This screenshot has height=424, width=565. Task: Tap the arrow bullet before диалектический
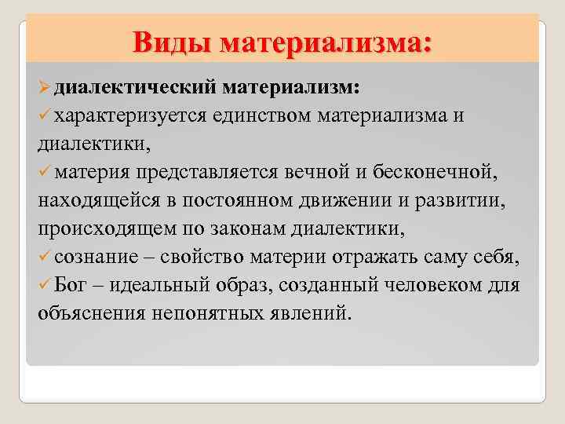click(45, 84)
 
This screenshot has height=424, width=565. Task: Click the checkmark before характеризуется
click(46, 115)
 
